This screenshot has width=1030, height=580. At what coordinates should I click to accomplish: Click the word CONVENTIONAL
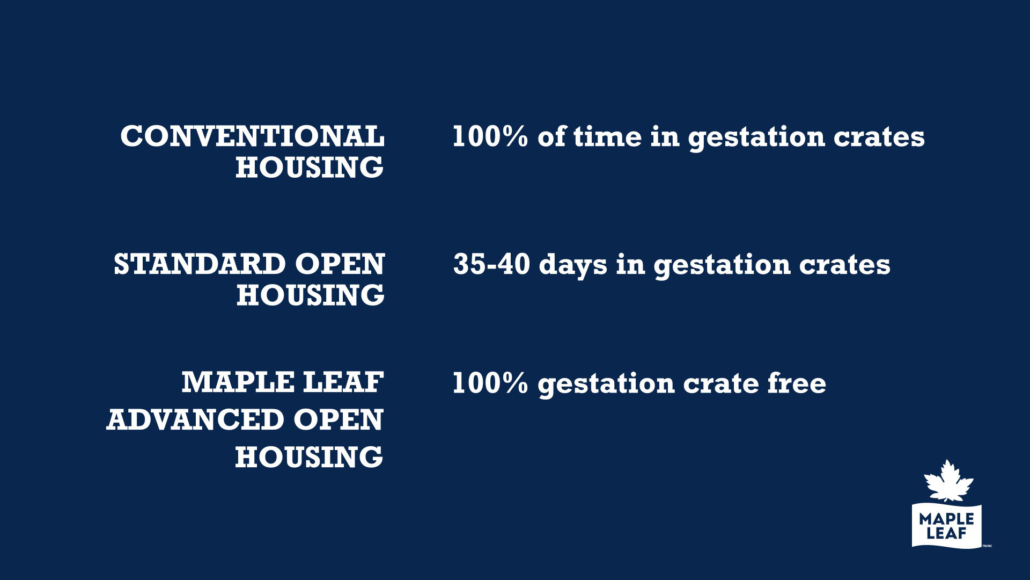[252, 136]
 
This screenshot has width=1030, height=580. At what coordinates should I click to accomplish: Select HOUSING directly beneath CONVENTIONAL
[310, 168]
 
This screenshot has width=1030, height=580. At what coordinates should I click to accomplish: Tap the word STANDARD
[200, 264]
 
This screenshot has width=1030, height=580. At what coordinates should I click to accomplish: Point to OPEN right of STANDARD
[340, 264]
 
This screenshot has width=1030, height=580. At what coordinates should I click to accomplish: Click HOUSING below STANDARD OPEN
[311, 295]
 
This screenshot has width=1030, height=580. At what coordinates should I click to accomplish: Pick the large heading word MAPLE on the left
[238, 382]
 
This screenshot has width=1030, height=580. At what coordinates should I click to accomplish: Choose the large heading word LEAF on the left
[344, 382]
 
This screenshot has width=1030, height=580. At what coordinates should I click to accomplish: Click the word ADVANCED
[195, 419]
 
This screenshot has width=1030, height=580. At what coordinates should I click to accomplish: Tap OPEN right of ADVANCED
[339, 419]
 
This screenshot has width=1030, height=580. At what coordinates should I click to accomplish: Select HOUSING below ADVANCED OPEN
[309, 457]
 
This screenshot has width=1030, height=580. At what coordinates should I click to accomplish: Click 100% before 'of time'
[490, 136]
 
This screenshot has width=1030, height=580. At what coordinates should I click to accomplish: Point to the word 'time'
[607, 136]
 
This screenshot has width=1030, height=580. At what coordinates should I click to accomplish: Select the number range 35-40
[492, 264]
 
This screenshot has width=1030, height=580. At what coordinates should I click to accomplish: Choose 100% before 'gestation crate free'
[490, 383]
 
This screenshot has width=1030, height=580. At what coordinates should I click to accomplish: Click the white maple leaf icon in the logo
[948, 481]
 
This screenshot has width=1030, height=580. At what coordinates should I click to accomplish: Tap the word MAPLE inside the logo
[946, 519]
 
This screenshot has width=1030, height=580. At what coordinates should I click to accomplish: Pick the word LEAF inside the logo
[946, 533]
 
